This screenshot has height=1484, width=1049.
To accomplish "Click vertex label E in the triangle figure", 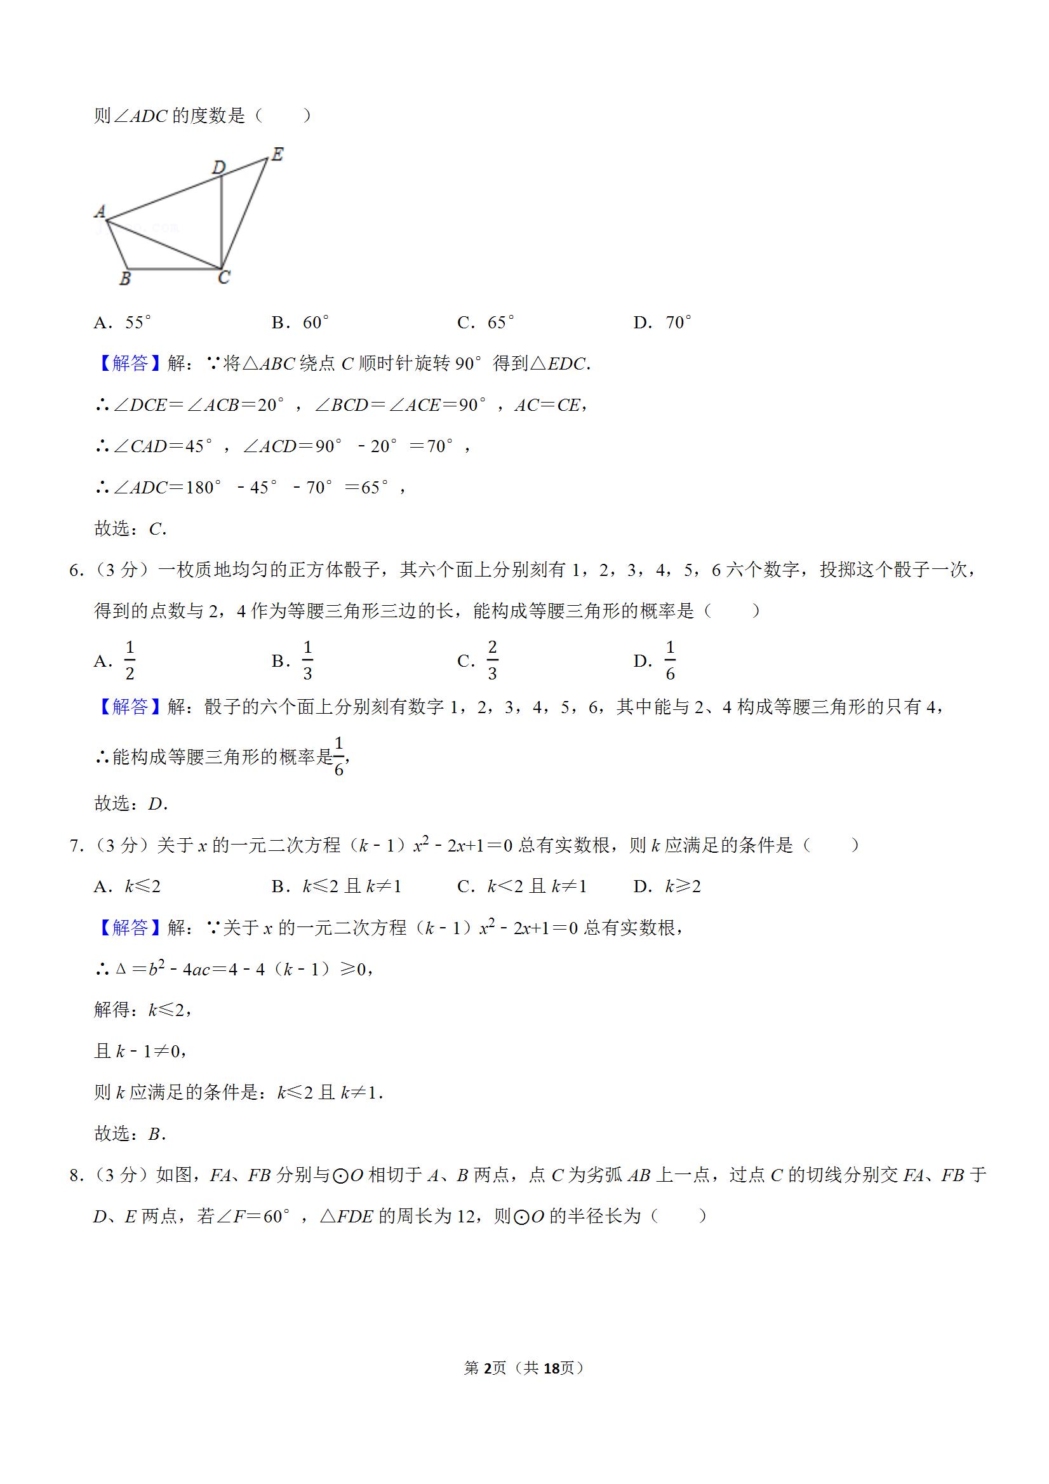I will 277,154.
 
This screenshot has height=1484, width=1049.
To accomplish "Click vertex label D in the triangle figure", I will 219,168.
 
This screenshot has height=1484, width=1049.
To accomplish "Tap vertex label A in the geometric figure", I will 100,211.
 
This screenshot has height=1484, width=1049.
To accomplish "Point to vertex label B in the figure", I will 125,279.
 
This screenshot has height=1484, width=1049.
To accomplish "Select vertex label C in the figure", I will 224,278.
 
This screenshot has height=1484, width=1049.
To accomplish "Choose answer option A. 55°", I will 123,323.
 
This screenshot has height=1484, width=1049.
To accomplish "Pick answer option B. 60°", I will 300,323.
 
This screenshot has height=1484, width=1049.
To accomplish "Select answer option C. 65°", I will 486,323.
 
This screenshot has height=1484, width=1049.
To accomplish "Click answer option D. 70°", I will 663,323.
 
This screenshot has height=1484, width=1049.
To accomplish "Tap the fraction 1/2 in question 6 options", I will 130,660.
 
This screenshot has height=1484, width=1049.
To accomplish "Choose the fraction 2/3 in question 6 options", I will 493,660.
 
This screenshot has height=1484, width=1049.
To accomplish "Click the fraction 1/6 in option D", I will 671,660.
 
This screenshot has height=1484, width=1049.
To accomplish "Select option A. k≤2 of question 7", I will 128,886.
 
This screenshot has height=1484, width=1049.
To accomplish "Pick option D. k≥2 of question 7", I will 667,886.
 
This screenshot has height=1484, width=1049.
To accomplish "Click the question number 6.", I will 74,570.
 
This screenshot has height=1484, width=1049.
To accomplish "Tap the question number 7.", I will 74,845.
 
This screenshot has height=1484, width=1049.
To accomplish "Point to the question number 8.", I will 74,1175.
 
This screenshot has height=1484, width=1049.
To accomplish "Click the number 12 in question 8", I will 465,1217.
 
